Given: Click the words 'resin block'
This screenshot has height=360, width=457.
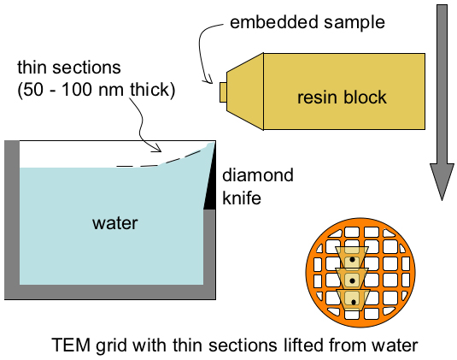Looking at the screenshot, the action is [x=342, y=97].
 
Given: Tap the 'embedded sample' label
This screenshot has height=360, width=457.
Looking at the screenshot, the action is [x=308, y=22].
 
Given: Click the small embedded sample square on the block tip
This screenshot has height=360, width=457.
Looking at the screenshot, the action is [x=223, y=92].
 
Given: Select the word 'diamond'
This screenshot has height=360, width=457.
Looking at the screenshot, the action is [x=258, y=175].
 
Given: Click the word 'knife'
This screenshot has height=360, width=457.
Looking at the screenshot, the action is [x=242, y=198].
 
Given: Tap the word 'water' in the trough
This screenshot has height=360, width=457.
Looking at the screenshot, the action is [x=114, y=223].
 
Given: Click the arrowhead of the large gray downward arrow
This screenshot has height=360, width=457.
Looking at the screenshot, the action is [x=442, y=181].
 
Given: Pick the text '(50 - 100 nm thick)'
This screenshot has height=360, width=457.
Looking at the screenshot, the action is [x=97, y=90].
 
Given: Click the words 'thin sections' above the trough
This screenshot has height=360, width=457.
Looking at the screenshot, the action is [x=69, y=68].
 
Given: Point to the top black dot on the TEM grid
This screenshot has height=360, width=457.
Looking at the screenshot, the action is [x=353, y=259].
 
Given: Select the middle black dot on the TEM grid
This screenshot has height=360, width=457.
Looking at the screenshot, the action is [x=353, y=280].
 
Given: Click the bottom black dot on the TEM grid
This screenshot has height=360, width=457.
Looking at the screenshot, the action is [x=354, y=302].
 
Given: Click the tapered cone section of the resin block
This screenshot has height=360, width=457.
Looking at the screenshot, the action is [x=245, y=91].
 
